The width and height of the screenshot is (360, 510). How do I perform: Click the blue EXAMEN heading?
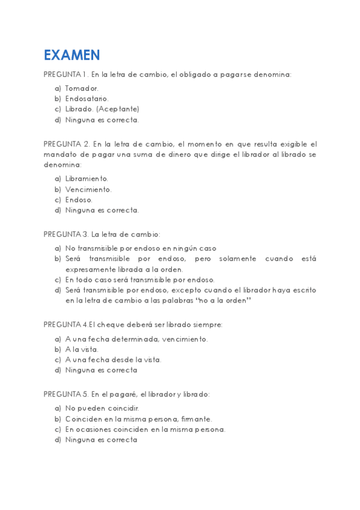(72, 55)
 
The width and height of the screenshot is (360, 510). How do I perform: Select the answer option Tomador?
(82, 88)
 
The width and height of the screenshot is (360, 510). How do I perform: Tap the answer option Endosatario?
(87, 99)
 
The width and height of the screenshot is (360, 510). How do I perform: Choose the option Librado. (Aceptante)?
(102, 109)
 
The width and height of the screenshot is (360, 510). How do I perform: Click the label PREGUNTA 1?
(66, 75)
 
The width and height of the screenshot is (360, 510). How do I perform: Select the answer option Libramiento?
(87, 179)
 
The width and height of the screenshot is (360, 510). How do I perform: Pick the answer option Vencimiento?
(88, 189)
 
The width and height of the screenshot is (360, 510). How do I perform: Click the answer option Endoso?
(79, 200)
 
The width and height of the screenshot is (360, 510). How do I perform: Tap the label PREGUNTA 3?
(66, 234)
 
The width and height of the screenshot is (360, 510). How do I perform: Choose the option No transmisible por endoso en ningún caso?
(141, 248)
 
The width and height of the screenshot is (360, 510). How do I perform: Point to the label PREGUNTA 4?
(66, 325)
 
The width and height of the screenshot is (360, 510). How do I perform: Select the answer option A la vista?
(82, 349)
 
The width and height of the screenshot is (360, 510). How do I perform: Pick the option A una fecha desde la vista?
(113, 360)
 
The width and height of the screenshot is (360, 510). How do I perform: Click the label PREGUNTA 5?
(66, 395)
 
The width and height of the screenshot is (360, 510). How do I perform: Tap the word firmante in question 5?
(196, 419)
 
